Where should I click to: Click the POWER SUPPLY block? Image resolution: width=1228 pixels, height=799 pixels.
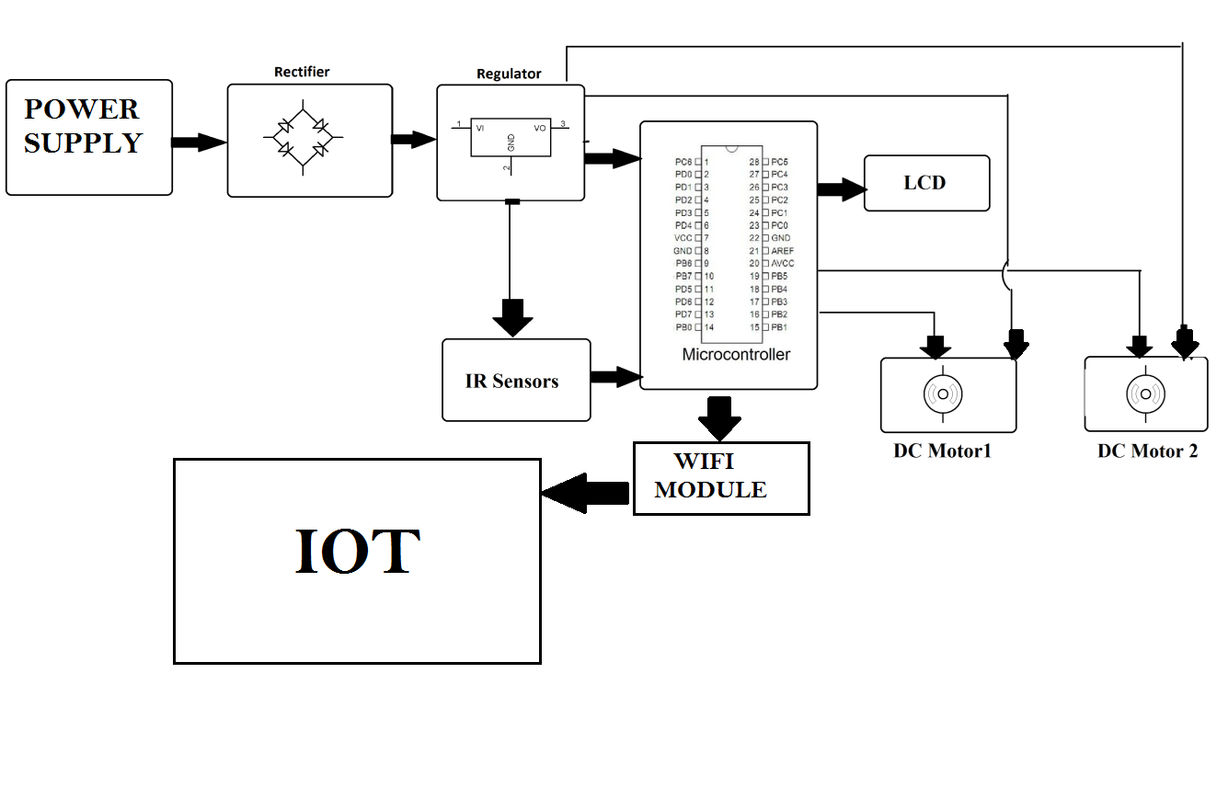89,137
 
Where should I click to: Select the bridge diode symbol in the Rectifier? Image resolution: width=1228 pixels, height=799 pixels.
304,141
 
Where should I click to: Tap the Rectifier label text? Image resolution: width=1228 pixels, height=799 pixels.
302,72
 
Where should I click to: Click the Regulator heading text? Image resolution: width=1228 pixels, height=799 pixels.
509,74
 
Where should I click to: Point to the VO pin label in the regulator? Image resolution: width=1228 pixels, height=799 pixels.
540,128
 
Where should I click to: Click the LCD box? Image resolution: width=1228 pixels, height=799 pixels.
926,183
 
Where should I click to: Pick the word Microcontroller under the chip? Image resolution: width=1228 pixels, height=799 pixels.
736,355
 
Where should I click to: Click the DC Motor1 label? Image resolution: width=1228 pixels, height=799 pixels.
942,451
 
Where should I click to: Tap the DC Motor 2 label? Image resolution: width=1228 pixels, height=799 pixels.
1147,451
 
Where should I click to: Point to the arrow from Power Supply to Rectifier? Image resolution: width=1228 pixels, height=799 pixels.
199,142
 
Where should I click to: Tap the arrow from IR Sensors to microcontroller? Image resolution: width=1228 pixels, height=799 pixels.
615,376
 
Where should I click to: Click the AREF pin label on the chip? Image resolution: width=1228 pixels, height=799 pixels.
783,251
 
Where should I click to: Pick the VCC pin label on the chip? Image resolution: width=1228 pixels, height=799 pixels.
683,238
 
